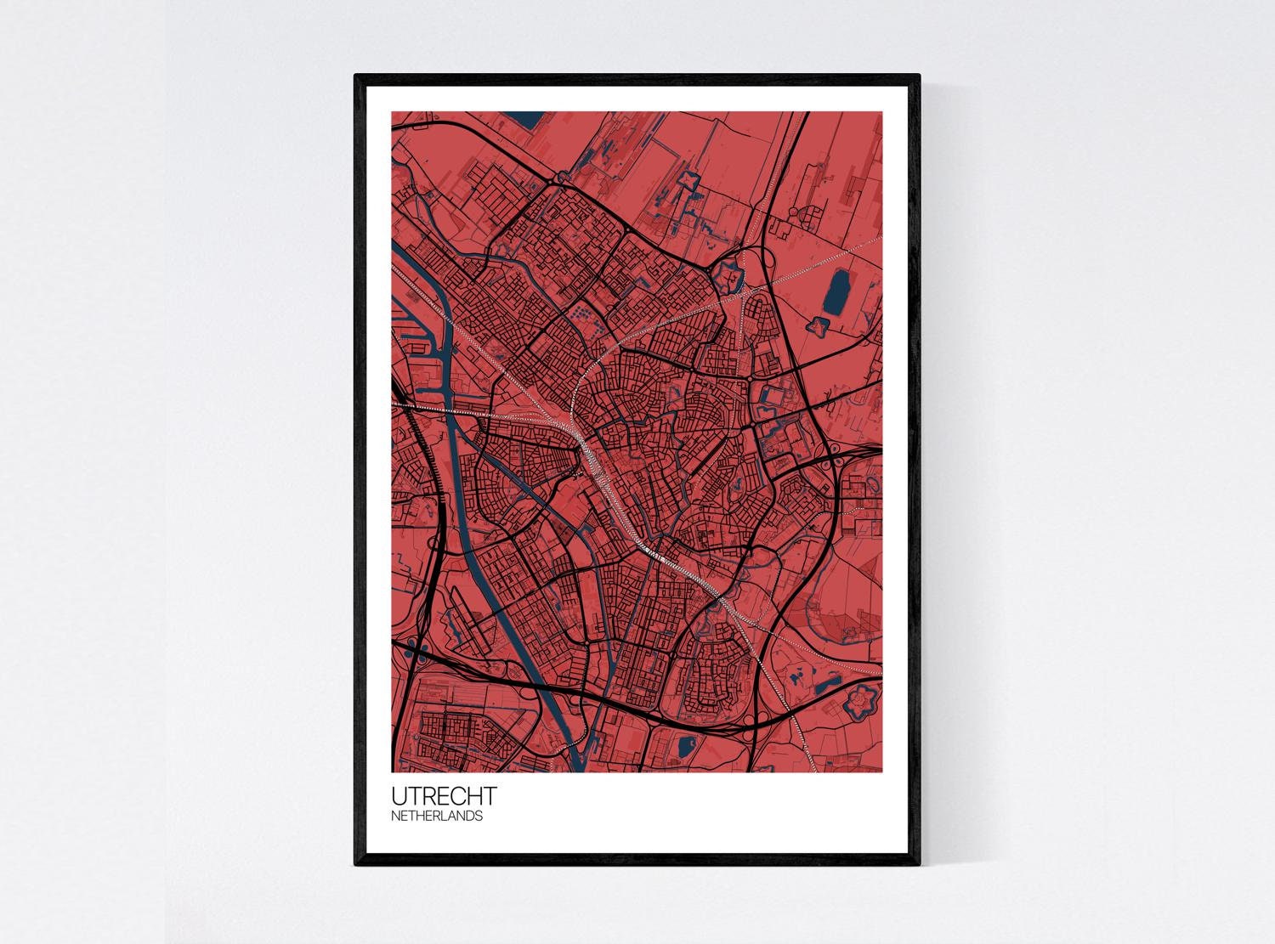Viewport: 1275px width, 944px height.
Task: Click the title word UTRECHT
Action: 444,797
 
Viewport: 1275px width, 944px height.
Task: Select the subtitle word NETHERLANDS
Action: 437,816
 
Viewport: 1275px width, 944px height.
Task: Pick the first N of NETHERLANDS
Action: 395,816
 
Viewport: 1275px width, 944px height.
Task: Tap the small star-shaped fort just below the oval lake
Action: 819,325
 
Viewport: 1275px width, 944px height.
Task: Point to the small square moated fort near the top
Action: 687,180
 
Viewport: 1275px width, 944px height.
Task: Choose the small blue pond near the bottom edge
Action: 685,747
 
